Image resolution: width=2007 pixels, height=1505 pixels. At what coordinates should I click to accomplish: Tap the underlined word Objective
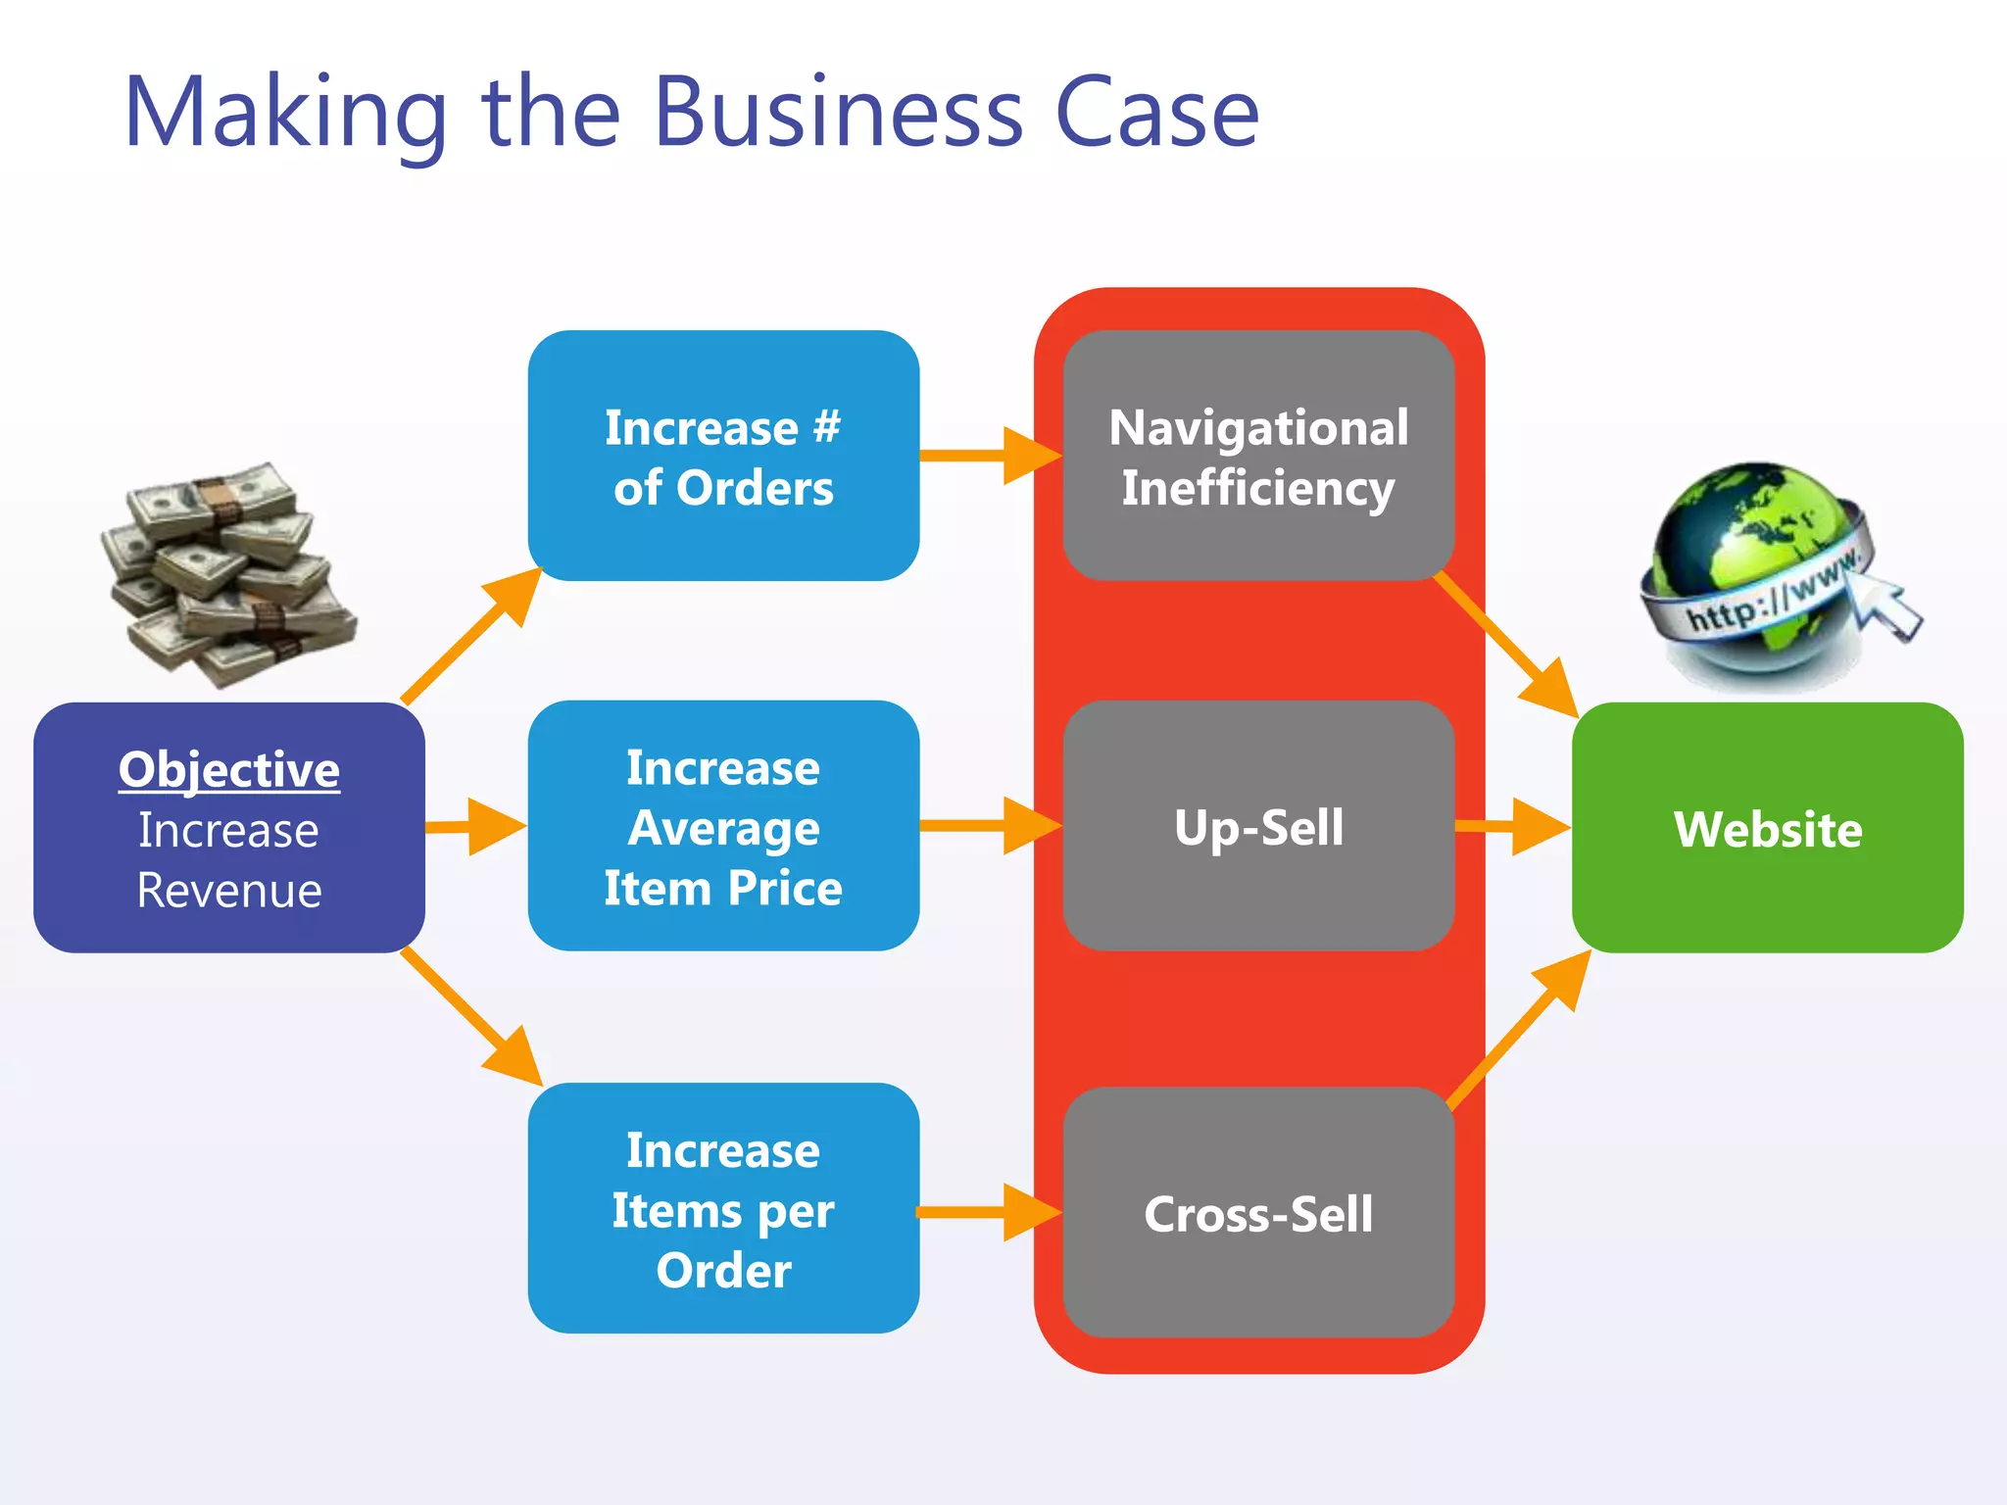[x=229, y=770]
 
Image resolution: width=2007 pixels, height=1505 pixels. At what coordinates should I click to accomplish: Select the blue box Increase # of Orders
[x=723, y=456]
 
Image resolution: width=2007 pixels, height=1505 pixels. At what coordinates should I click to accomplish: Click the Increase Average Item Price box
[x=723, y=826]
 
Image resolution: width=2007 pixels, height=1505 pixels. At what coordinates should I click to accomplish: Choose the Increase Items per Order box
[x=723, y=1208]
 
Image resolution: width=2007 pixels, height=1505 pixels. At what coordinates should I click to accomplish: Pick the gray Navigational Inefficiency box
[x=1258, y=456]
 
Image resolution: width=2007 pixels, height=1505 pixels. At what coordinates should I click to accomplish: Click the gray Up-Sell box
[x=1258, y=826]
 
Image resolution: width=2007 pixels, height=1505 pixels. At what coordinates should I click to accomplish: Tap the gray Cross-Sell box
[x=1258, y=1213]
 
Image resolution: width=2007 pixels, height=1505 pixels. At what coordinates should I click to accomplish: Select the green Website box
[x=1767, y=828]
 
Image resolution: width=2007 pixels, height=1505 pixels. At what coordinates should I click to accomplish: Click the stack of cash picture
[x=228, y=576]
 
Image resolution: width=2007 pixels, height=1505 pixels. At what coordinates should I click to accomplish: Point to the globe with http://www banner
[x=1754, y=573]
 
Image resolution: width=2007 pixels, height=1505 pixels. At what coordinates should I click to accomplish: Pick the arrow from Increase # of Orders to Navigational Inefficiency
[x=990, y=456]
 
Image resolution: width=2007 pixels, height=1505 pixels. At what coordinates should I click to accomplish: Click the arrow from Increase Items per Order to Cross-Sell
[x=990, y=1213]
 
